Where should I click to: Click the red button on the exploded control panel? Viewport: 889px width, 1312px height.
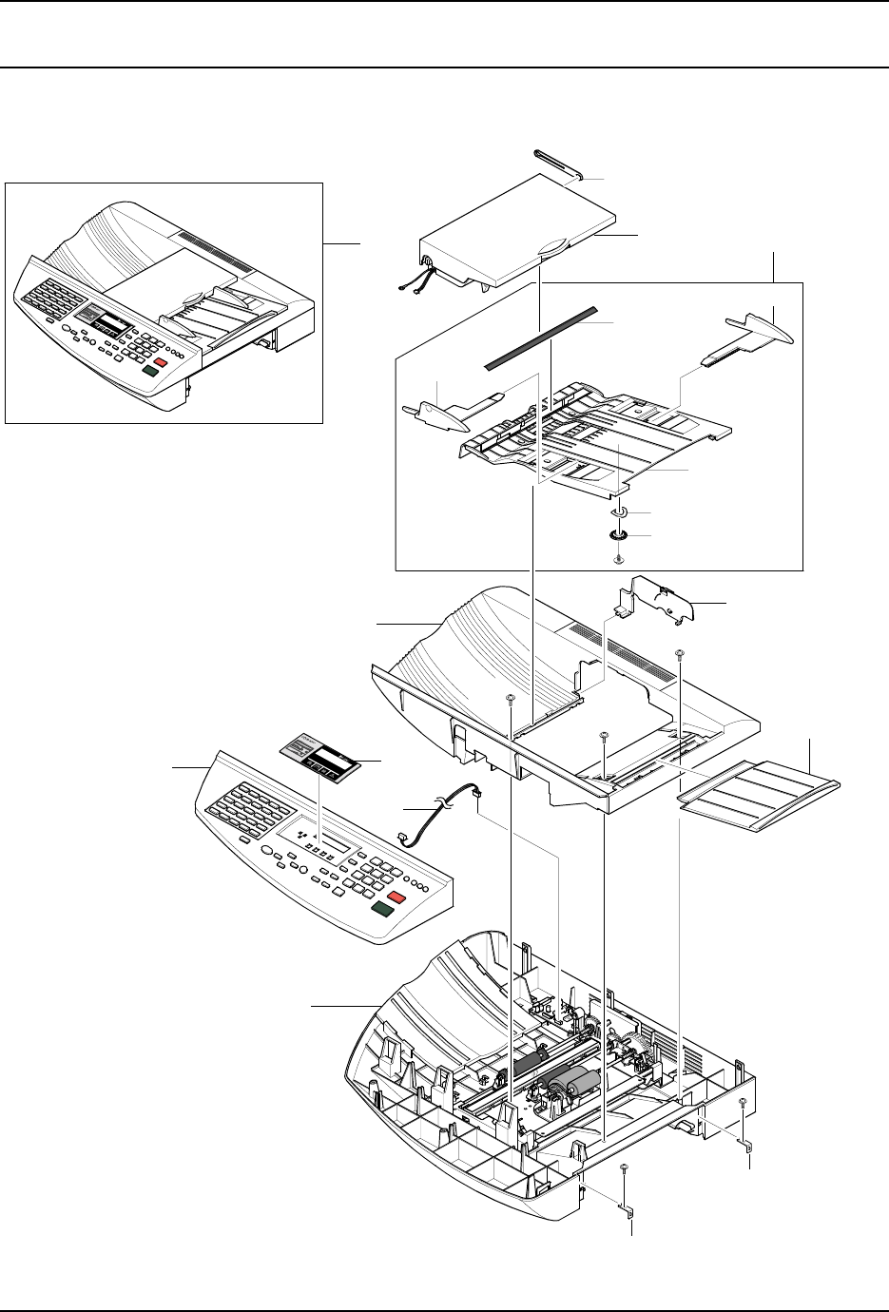(396, 897)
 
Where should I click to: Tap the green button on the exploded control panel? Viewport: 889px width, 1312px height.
(383, 909)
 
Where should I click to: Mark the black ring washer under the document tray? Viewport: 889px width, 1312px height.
(619, 535)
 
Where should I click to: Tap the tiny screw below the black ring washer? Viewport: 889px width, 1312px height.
(619, 557)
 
